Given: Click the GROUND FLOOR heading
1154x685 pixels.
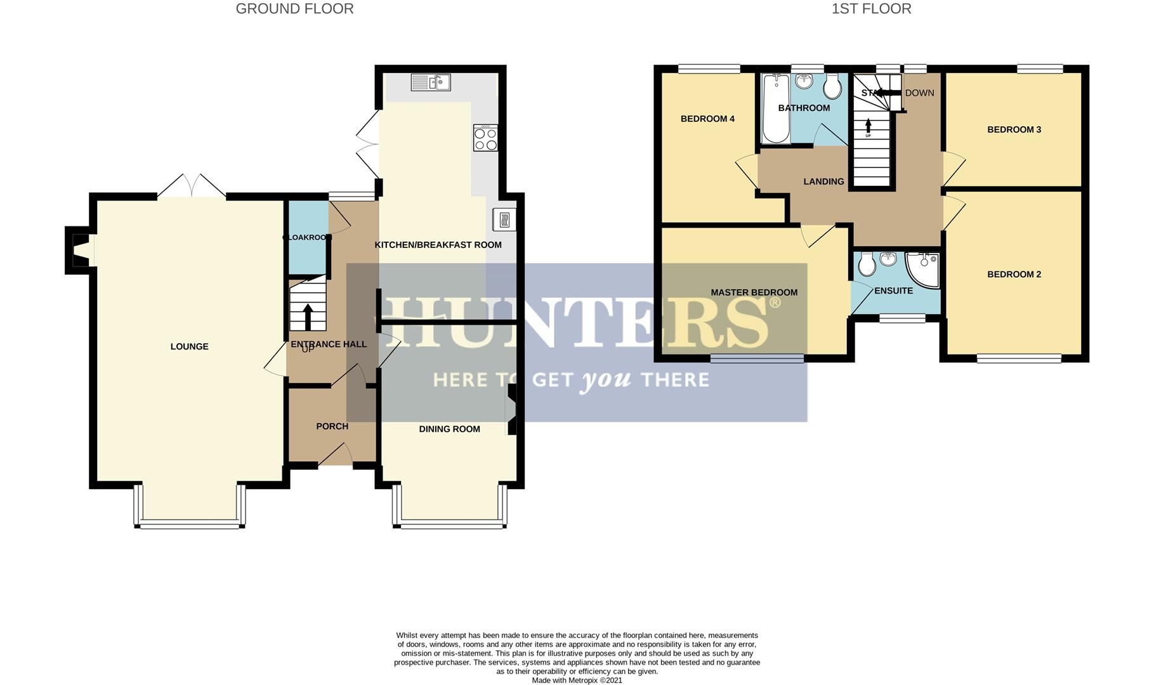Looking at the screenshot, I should tap(294, 9).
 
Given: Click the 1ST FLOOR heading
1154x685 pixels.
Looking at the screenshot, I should tap(871, 9).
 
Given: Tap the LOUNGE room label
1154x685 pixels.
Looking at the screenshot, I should tap(189, 346).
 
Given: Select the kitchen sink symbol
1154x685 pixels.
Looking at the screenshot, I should tap(431, 82).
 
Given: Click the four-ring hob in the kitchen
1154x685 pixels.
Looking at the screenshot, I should tap(485, 138).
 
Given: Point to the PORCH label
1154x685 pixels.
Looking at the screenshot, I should tap(332, 426).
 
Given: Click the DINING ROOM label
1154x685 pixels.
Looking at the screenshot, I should tap(449, 429).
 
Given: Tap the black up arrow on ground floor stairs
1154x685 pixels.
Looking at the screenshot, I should tap(308, 316).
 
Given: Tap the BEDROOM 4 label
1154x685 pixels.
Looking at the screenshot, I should tap(707, 119).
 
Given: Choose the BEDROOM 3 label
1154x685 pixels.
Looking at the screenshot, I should tap(1014, 129).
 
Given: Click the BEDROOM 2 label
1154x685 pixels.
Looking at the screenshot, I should tap(1014, 275).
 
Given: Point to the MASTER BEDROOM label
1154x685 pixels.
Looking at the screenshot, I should tap(754, 292).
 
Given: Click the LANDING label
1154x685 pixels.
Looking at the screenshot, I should tap(823, 181).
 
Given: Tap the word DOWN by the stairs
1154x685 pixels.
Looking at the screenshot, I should tap(919, 93).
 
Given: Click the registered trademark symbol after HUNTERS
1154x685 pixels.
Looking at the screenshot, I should tap(775, 303).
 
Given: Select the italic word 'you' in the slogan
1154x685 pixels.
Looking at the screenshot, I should tap(607, 381).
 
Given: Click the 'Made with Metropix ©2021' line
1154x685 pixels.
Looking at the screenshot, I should tap(577, 681).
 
